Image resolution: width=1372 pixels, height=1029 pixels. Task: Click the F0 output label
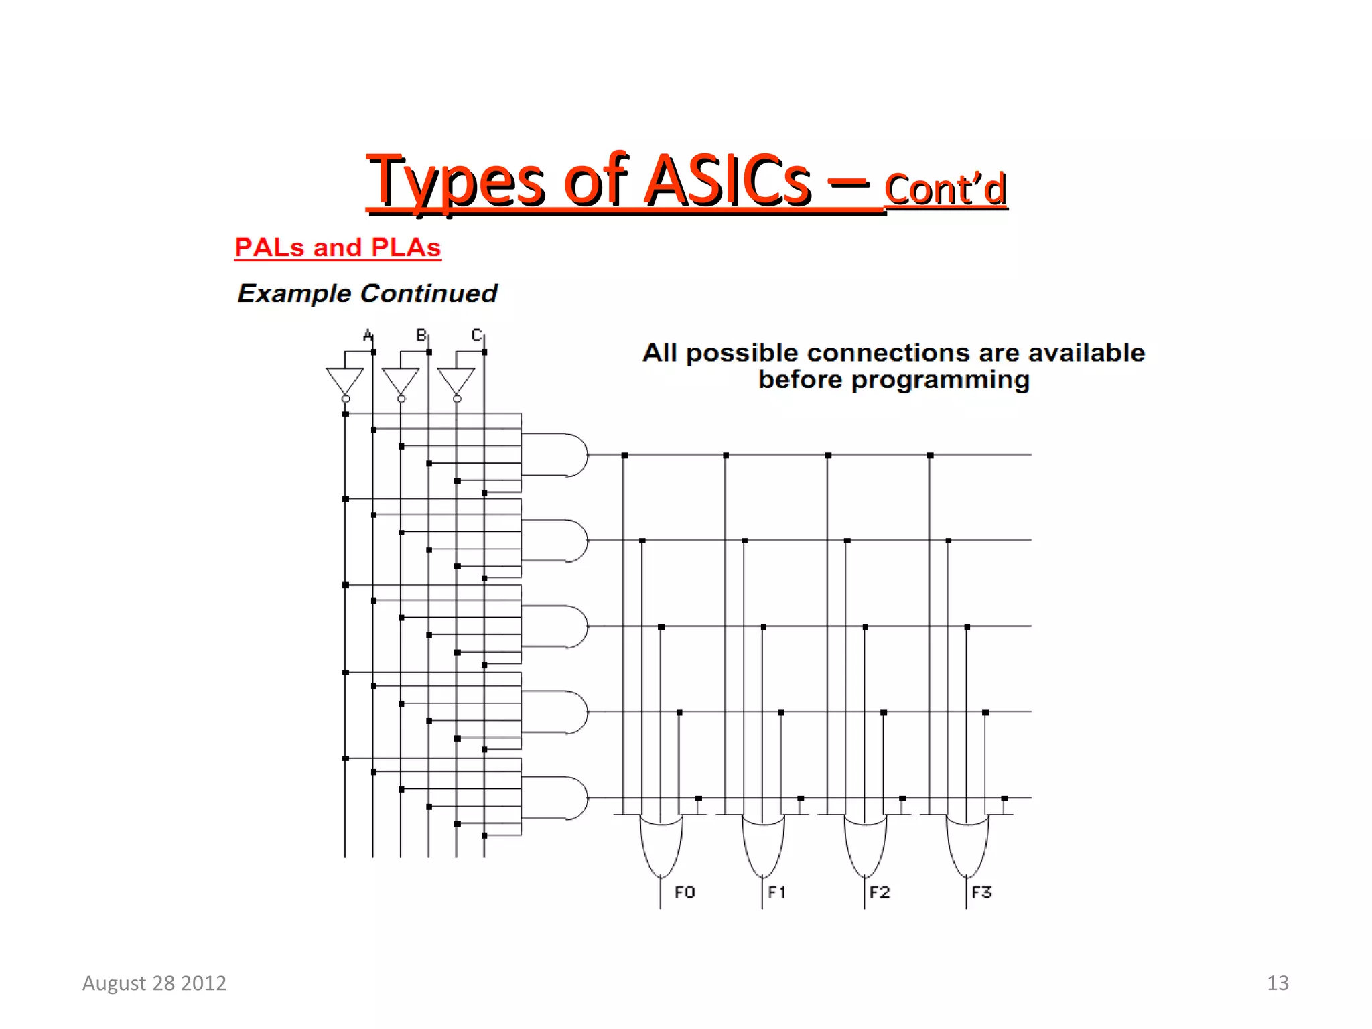pos(685,892)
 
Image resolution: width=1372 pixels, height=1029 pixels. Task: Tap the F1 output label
pos(776,892)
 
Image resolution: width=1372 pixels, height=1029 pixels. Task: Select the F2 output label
pos(880,892)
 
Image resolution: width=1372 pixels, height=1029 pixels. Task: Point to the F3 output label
pos(981,892)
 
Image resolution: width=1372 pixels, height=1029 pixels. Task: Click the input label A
pos(368,335)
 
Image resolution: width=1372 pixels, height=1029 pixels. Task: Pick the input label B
pos(421,335)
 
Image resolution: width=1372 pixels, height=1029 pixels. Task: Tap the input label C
pos(476,335)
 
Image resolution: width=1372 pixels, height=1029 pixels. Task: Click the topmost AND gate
pos(559,455)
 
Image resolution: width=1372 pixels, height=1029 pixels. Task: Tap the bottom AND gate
pos(559,798)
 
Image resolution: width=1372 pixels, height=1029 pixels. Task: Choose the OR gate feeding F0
pos(661,844)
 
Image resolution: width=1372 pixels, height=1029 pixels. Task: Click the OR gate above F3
pos(967,844)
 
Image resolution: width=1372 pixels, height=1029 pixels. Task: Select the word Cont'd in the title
pos(945,190)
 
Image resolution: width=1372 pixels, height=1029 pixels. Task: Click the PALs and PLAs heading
pos(338,247)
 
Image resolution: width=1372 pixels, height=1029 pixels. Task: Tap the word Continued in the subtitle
pos(429,293)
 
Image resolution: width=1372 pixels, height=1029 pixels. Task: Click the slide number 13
pos(1278,983)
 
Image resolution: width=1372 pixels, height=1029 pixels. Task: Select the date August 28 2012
pos(154,983)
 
